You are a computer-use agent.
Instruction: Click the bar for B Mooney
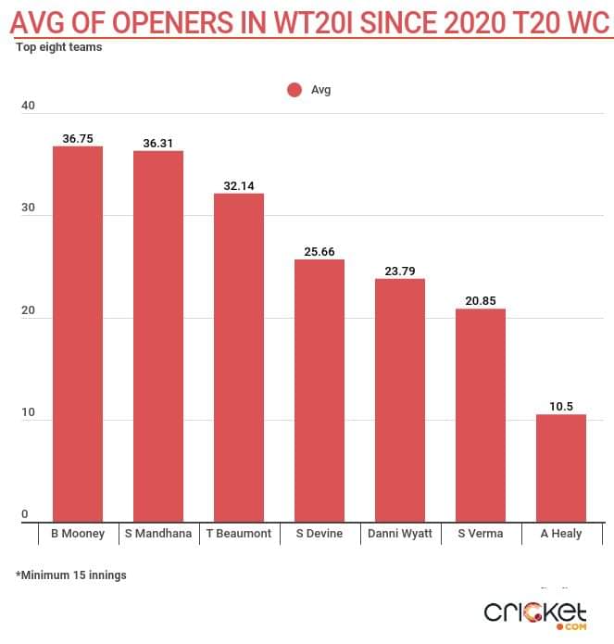(77, 334)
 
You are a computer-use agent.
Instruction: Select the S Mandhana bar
(157, 335)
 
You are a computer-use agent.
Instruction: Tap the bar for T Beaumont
(239, 357)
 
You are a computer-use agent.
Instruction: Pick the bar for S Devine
(319, 390)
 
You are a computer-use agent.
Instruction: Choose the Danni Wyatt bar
(399, 399)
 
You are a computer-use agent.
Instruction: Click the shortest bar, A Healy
(560, 468)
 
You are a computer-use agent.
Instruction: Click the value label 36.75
(78, 138)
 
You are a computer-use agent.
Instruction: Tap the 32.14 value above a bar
(239, 185)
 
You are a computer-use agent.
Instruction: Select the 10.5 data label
(560, 406)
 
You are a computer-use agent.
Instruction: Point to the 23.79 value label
(399, 271)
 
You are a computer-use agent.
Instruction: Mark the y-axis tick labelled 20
(28, 311)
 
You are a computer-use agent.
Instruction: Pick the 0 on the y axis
(25, 515)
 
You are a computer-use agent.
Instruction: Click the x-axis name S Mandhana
(157, 534)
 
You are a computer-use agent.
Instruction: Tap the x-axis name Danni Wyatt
(399, 534)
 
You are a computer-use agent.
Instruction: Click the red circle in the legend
(294, 90)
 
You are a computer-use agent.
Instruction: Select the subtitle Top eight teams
(58, 47)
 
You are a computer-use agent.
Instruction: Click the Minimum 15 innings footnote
(71, 575)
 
